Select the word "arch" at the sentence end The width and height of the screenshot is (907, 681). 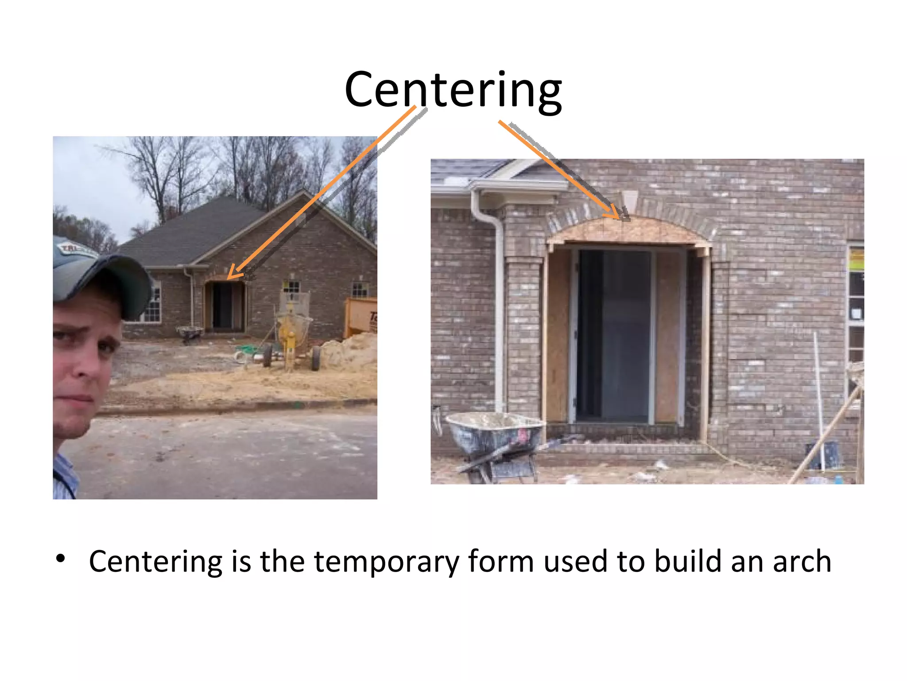[x=802, y=561]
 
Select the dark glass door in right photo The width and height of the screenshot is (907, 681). [x=613, y=337]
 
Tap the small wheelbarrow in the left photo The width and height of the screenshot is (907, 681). [x=190, y=333]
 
